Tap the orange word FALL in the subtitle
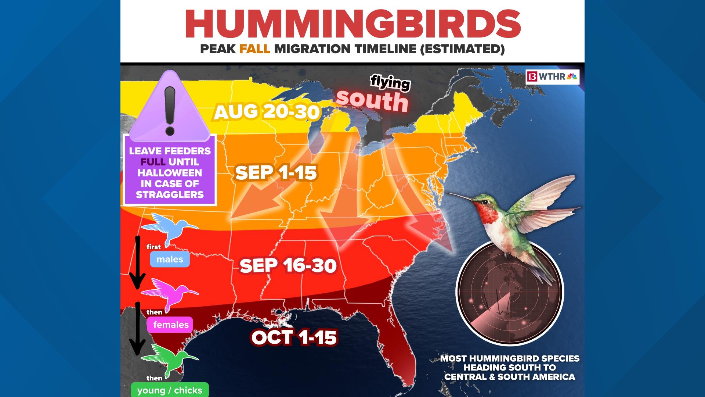tap(254, 49)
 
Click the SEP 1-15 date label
tap(276, 172)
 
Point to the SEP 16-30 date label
tap(288, 265)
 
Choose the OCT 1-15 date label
tap(294, 337)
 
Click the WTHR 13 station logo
tap(552, 77)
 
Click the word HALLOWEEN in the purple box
tap(170, 173)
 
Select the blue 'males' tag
tap(170, 259)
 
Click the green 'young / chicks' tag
tap(170, 390)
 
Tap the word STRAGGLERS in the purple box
tap(170, 194)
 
